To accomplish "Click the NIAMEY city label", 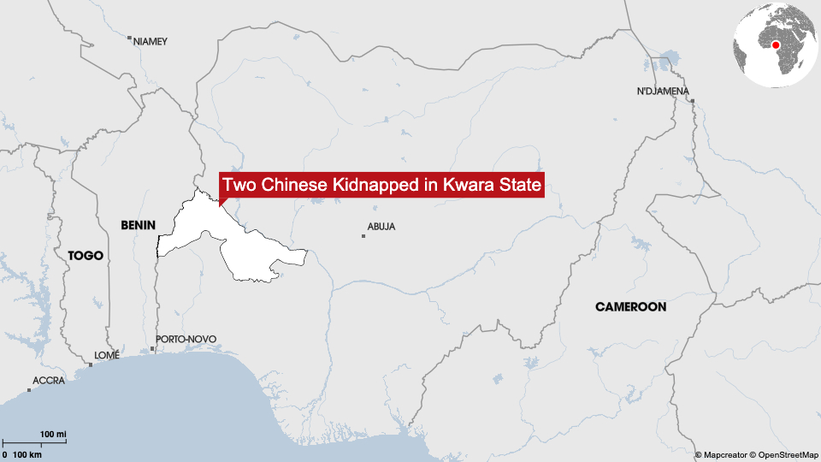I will [x=151, y=41].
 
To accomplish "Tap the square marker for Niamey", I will [x=129, y=38].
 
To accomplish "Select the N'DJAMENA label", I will [x=663, y=91].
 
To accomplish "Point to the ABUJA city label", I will [x=381, y=227].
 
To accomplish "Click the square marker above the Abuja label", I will [x=363, y=235].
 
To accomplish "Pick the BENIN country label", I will [x=139, y=225].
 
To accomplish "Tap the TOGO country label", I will [x=86, y=255].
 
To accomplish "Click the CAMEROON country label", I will [x=630, y=306].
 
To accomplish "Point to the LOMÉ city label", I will [x=107, y=355].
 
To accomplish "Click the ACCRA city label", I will [x=48, y=380].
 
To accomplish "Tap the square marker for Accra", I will [x=29, y=390].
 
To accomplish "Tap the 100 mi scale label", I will [x=53, y=435].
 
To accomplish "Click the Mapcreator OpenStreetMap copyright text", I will [x=756, y=454].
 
